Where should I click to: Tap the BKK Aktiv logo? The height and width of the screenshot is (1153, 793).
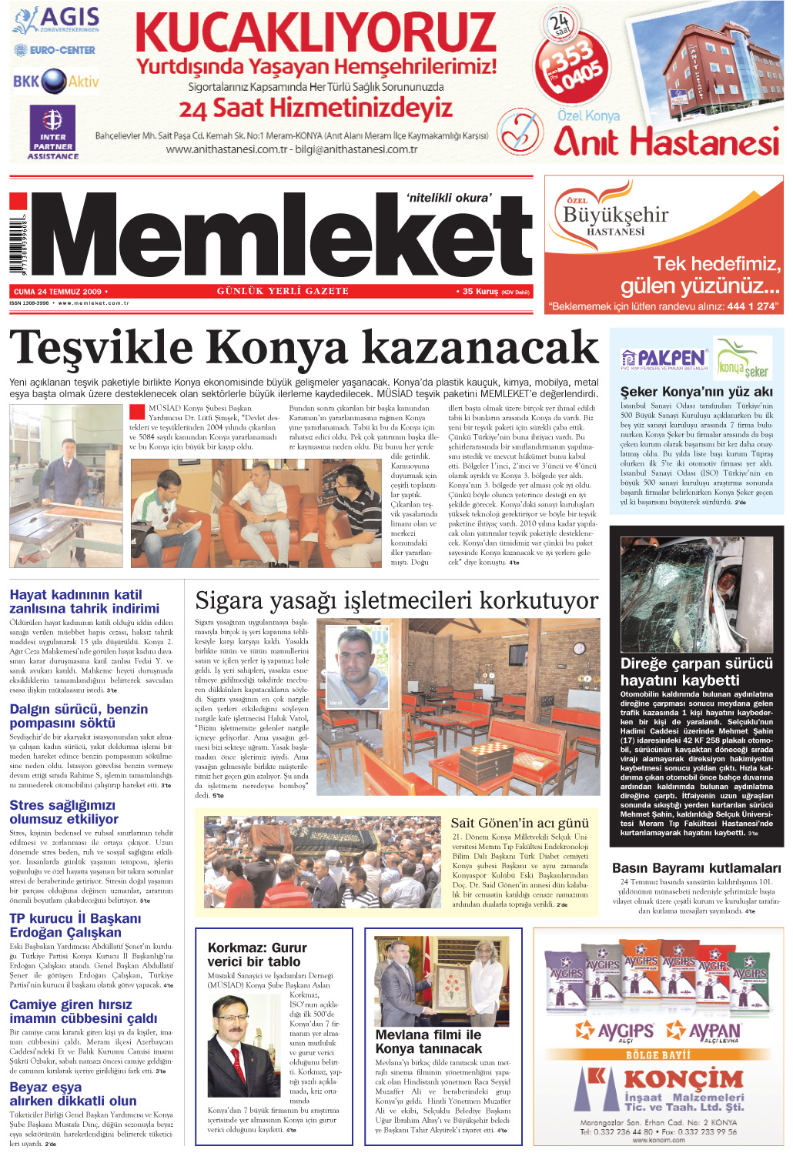(55, 81)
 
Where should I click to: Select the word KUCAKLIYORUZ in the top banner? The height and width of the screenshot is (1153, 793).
(316, 32)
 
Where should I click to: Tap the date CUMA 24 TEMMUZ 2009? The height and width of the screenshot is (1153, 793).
(58, 292)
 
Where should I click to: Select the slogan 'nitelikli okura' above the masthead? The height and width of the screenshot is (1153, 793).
(448, 198)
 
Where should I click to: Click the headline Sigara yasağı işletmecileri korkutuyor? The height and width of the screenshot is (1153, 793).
(396, 600)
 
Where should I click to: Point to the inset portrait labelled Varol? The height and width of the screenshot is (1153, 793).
(355, 667)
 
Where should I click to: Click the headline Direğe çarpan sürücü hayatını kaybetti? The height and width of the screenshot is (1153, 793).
(696, 671)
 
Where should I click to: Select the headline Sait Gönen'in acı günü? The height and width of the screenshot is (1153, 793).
(519, 823)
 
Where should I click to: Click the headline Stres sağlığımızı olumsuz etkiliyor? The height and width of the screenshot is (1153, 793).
(64, 812)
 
